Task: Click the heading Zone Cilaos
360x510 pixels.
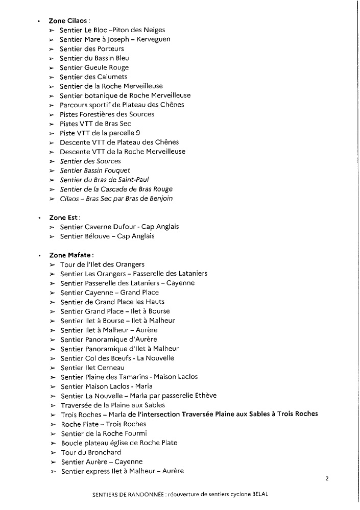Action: coord(69,21)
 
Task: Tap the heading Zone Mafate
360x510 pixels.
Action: coord(71,255)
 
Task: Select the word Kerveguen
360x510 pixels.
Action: coord(152,39)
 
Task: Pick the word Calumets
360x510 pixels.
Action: coord(112,77)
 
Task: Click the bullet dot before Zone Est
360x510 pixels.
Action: coord(38,218)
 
